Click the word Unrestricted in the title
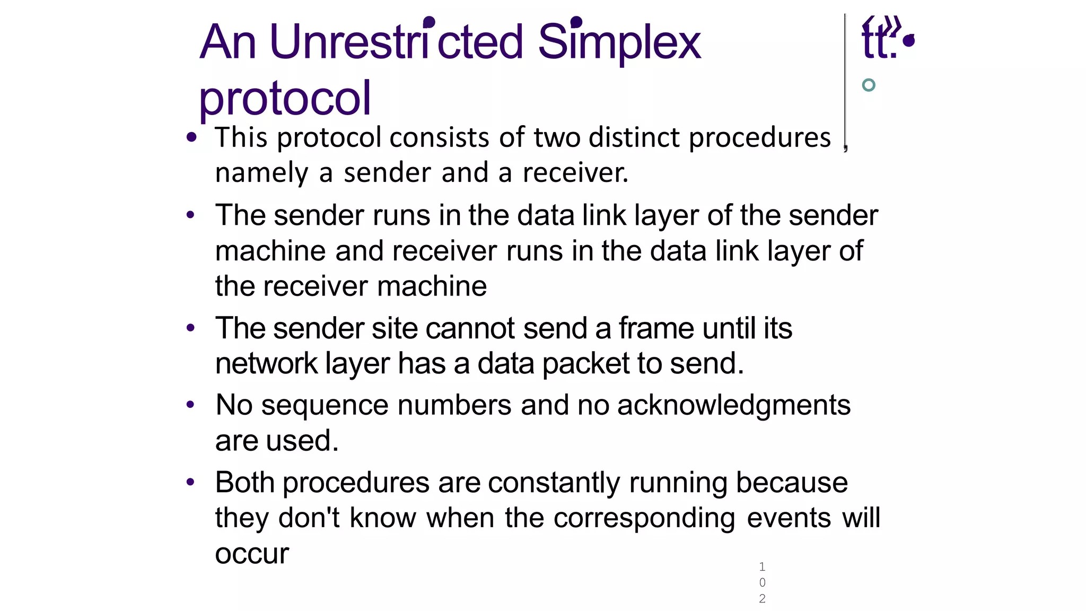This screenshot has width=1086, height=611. click(x=396, y=42)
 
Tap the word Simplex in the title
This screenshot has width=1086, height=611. click(x=619, y=42)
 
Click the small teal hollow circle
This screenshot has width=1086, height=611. click(x=869, y=85)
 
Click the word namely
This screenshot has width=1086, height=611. click(x=261, y=173)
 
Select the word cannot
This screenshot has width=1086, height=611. click(x=470, y=328)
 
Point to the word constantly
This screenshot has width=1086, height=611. click(x=554, y=483)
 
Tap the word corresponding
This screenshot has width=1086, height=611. click(x=644, y=518)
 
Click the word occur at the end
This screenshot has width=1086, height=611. click(x=252, y=554)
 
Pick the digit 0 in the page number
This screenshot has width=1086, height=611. click(x=762, y=582)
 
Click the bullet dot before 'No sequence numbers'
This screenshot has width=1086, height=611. click(x=191, y=406)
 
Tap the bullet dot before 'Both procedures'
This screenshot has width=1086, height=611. click(x=191, y=483)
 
